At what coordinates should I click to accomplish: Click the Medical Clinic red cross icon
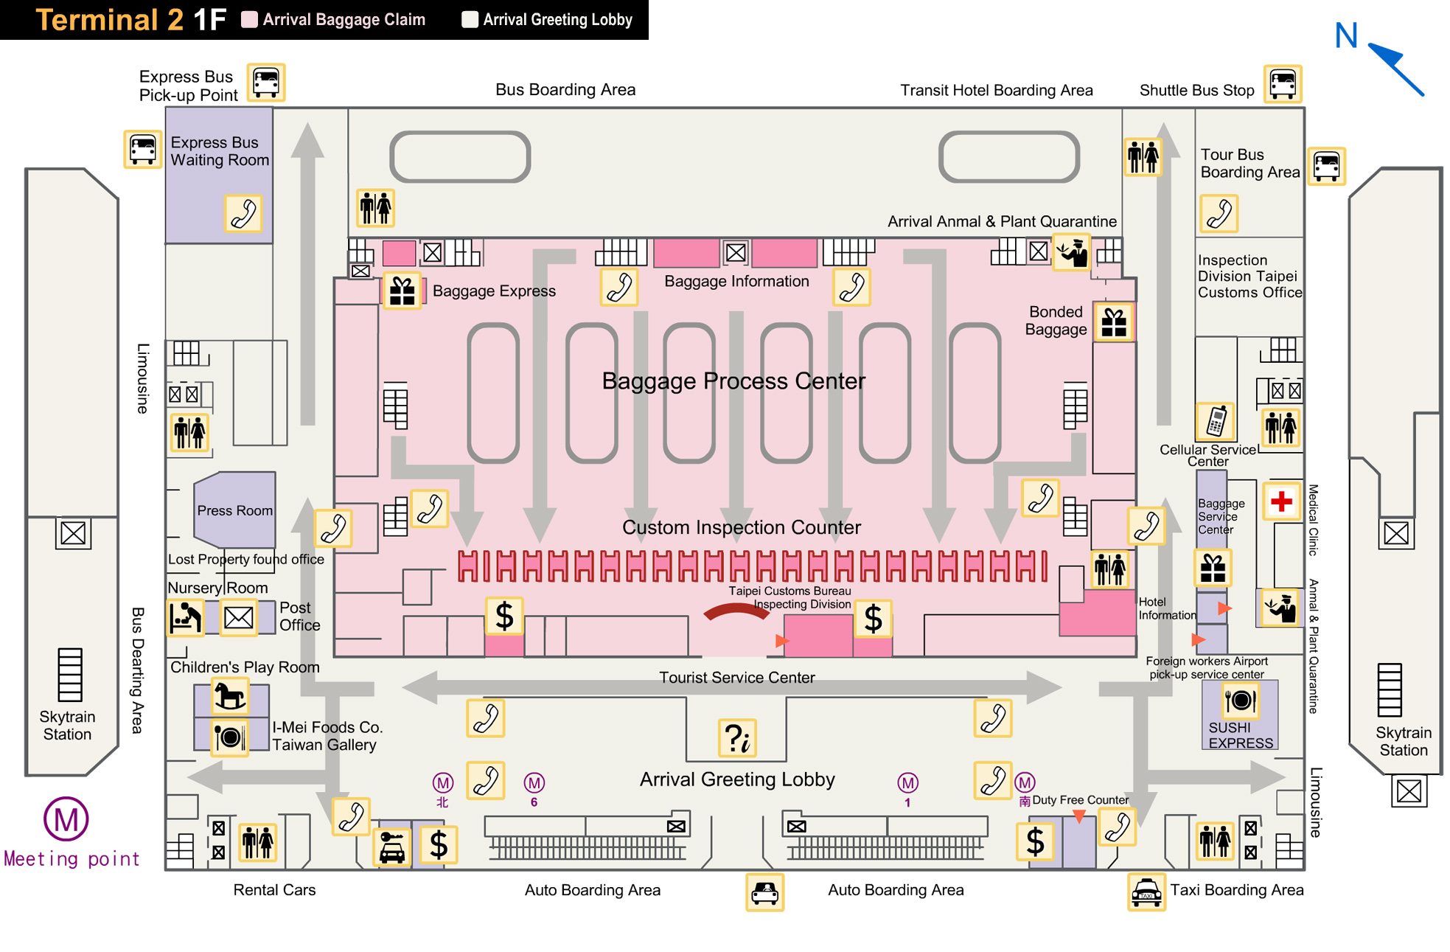pyautogui.click(x=1281, y=501)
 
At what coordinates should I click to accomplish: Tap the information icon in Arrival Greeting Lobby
pyautogui.click(x=737, y=738)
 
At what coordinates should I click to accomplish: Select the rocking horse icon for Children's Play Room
pyautogui.click(x=229, y=695)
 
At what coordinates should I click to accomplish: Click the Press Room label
pyautogui.click(x=234, y=510)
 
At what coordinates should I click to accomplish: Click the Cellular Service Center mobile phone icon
pyautogui.click(x=1216, y=422)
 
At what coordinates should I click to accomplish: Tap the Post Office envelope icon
pyautogui.click(x=238, y=617)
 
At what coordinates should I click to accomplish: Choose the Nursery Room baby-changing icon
pyautogui.click(x=185, y=617)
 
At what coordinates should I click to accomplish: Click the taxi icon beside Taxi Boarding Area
pyautogui.click(x=1146, y=892)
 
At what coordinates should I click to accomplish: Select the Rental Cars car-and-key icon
pyautogui.click(x=391, y=847)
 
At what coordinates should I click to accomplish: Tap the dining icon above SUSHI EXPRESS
pyautogui.click(x=1240, y=700)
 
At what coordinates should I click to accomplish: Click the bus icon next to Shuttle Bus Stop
pyautogui.click(x=1283, y=83)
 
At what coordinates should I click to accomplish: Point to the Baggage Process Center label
pyautogui.click(x=733, y=381)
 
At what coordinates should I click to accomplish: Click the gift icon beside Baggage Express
pyautogui.click(x=402, y=291)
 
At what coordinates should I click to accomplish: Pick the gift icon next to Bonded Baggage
pyautogui.click(x=1114, y=322)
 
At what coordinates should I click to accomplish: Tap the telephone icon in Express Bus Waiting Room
pyautogui.click(x=243, y=214)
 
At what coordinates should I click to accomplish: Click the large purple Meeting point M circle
pyautogui.click(x=66, y=819)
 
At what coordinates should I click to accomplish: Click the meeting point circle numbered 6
pyautogui.click(x=534, y=782)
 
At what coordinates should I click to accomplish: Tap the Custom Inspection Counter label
pyautogui.click(x=741, y=527)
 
